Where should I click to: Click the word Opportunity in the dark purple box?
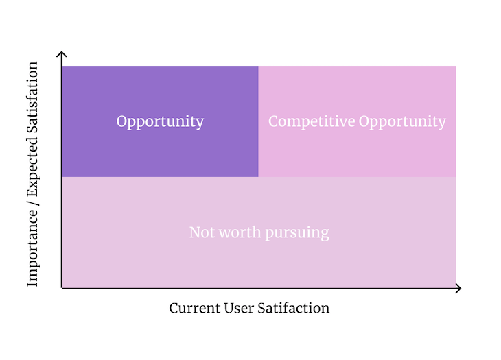(x=160, y=122)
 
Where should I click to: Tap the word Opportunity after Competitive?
(x=402, y=122)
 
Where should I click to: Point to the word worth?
(x=237, y=232)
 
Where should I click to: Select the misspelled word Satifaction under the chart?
(x=296, y=308)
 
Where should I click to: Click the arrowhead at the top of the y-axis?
(x=62, y=53)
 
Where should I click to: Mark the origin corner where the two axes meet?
(x=62, y=288)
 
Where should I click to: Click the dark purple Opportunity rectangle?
(x=160, y=147)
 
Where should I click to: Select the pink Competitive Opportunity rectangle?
(x=357, y=147)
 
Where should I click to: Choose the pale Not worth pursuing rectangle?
(x=259, y=261)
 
